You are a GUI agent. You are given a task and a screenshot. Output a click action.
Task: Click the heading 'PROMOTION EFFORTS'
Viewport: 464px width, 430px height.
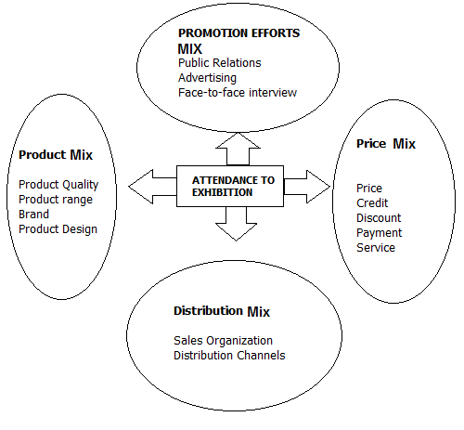pyautogui.click(x=238, y=33)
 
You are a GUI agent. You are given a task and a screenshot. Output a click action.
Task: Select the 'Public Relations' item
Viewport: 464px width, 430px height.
pyautogui.click(x=220, y=63)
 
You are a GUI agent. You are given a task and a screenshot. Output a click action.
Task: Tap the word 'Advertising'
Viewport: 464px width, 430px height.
pyautogui.click(x=207, y=78)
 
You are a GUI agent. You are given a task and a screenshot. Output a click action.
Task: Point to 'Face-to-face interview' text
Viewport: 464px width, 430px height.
pyautogui.click(x=238, y=93)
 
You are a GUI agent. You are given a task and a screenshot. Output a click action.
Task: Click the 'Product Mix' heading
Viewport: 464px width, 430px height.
pyautogui.click(x=56, y=155)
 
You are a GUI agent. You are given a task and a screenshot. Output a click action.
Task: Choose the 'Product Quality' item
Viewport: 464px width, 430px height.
pyautogui.click(x=58, y=185)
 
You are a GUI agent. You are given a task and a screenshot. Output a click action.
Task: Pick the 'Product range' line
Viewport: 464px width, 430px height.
pyautogui.click(x=56, y=200)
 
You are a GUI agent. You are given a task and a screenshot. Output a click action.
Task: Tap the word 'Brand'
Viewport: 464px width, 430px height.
pyautogui.click(x=33, y=215)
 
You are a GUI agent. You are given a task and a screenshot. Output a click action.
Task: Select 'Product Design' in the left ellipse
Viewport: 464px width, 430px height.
pyautogui.click(x=58, y=229)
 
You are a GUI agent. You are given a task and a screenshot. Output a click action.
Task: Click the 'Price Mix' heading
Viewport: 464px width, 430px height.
pyautogui.click(x=386, y=144)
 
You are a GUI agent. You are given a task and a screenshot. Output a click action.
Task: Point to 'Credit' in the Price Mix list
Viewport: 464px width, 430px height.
pyautogui.click(x=372, y=203)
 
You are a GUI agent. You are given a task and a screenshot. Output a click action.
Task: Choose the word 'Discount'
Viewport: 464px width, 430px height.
pyautogui.click(x=379, y=218)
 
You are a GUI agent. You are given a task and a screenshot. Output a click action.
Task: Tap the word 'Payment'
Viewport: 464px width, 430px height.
pyautogui.click(x=379, y=233)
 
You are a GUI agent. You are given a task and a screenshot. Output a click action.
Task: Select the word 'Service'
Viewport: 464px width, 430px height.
pyautogui.click(x=376, y=248)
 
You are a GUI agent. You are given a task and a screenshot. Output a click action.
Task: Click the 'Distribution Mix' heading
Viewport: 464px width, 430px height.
pyautogui.click(x=222, y=311)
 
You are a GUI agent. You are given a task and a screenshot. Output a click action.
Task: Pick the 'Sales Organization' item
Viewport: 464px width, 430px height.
pyautogui.click(x=223, y=341)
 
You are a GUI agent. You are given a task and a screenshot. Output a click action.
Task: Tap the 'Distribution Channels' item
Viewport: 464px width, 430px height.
pyautogui.click(x=229, y=356)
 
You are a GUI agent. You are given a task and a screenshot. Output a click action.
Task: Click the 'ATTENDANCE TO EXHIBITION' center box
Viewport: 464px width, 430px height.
pyautogui.click(x=230, y=187)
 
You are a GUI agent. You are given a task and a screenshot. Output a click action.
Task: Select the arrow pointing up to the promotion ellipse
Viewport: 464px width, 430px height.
pyautogui.click(x=238, y=149)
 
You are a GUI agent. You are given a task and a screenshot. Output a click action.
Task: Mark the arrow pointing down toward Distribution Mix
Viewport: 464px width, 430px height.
pyautogui.click(x=237, y=224)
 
